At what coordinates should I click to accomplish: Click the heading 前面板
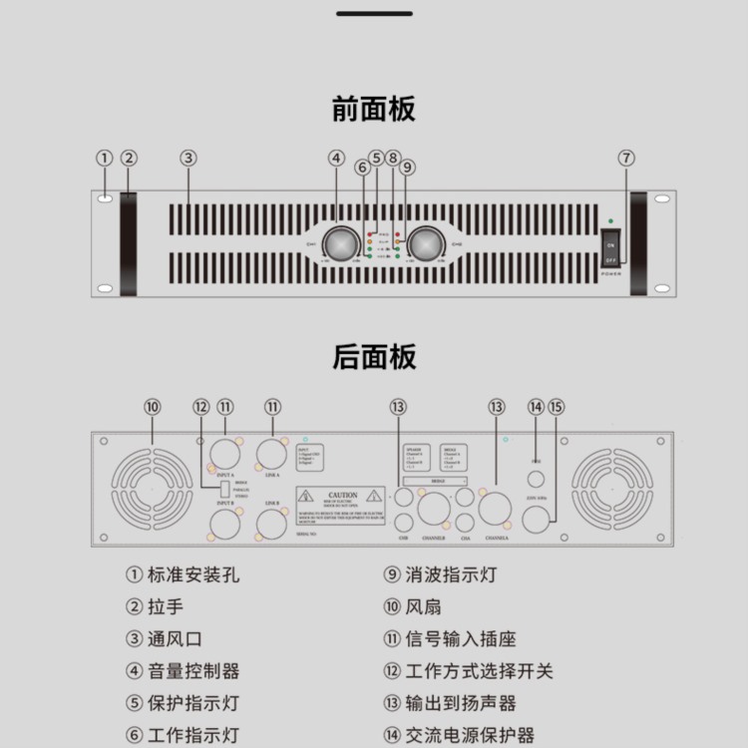click(373, 109)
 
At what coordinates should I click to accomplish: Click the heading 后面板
click(373, 357)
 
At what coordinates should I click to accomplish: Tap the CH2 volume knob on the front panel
click(426, 242)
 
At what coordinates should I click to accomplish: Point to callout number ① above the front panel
click(105, 158)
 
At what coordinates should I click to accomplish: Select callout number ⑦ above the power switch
click(625, 158)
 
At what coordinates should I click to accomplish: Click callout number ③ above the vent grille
click(188, 158)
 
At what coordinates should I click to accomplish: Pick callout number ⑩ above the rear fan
click(152, 407)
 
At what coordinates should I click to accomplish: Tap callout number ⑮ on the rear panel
click(557, 407)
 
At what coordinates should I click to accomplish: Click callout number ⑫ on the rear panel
click(201, 407)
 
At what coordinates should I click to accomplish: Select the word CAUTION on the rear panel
click(342, 495)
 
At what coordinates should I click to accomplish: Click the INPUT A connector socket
click(224, 454)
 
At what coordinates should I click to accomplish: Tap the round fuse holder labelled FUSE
click(536, 480)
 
